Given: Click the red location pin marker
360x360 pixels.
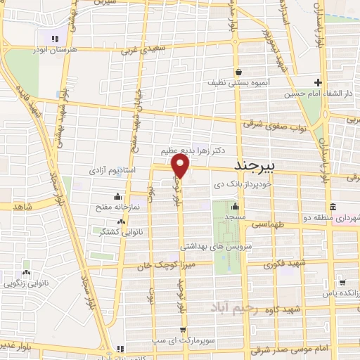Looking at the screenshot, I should tap(181, 166).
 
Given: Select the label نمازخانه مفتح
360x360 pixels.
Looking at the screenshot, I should tap(117, 207).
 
